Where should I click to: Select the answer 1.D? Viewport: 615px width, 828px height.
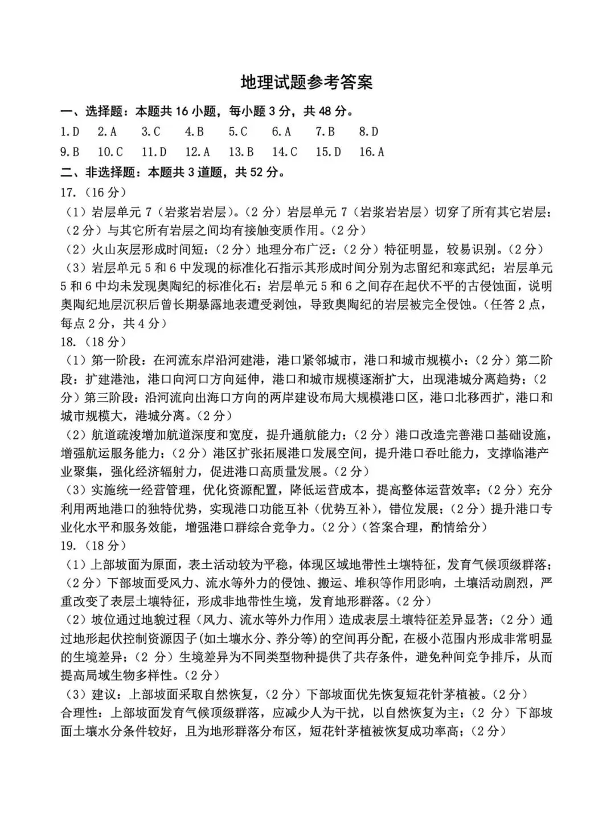coord(70,132)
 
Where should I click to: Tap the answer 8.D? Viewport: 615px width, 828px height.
coord(368,132)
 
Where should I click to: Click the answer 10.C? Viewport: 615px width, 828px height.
coord(110,152)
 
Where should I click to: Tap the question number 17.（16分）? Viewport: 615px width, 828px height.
coord(94,192)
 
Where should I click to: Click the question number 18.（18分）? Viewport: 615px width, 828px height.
coord(94,342)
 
